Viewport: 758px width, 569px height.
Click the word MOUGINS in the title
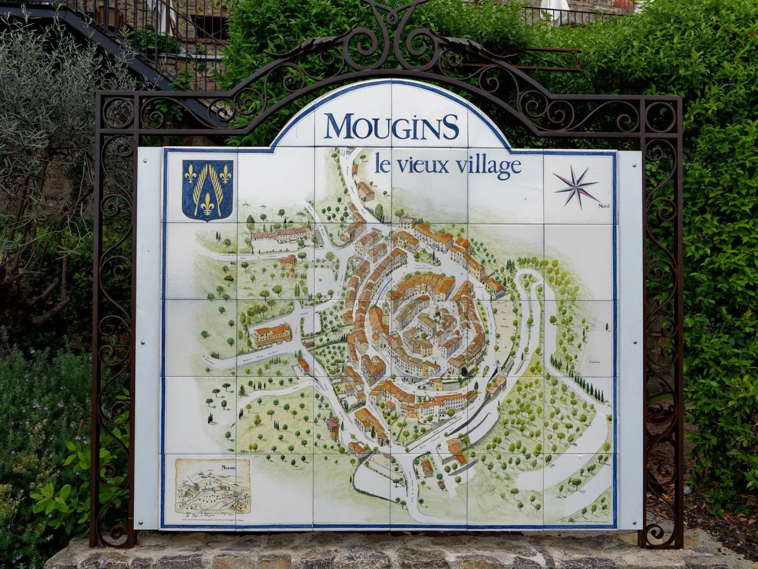point(391,127)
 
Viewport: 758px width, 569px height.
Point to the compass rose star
point(576,187)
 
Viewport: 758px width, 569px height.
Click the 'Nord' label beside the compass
point(604,206)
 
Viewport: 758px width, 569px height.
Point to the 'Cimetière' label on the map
point(594,362)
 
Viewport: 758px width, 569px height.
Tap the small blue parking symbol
point(320,280)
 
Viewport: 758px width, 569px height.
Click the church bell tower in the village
point(386,309)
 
